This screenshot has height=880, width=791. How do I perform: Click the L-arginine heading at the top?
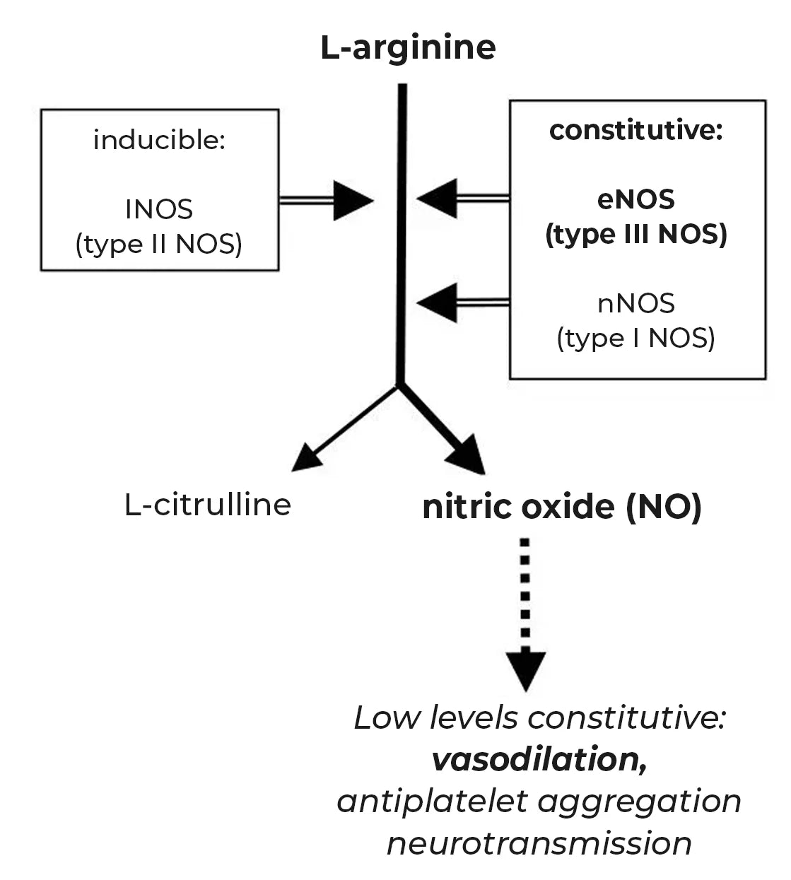408,48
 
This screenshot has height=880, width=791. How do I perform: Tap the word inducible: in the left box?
159,140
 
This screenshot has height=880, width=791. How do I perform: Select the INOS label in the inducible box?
159,209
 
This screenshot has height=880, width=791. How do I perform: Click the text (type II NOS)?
159,244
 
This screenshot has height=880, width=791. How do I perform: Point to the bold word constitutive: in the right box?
636,130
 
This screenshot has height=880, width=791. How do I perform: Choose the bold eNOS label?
636,199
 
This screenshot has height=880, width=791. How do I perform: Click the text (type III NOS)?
636,234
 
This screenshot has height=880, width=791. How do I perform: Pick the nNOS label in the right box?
636,303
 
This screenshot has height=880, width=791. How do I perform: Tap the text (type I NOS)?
636,338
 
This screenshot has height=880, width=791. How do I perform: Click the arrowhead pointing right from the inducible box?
351,201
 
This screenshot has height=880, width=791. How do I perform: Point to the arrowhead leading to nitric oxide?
468,457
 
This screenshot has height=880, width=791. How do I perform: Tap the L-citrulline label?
208,505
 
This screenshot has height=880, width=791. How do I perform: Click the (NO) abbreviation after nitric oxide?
663,507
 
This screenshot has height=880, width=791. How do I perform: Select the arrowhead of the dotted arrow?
525,669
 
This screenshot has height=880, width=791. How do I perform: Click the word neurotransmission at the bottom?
539,843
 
